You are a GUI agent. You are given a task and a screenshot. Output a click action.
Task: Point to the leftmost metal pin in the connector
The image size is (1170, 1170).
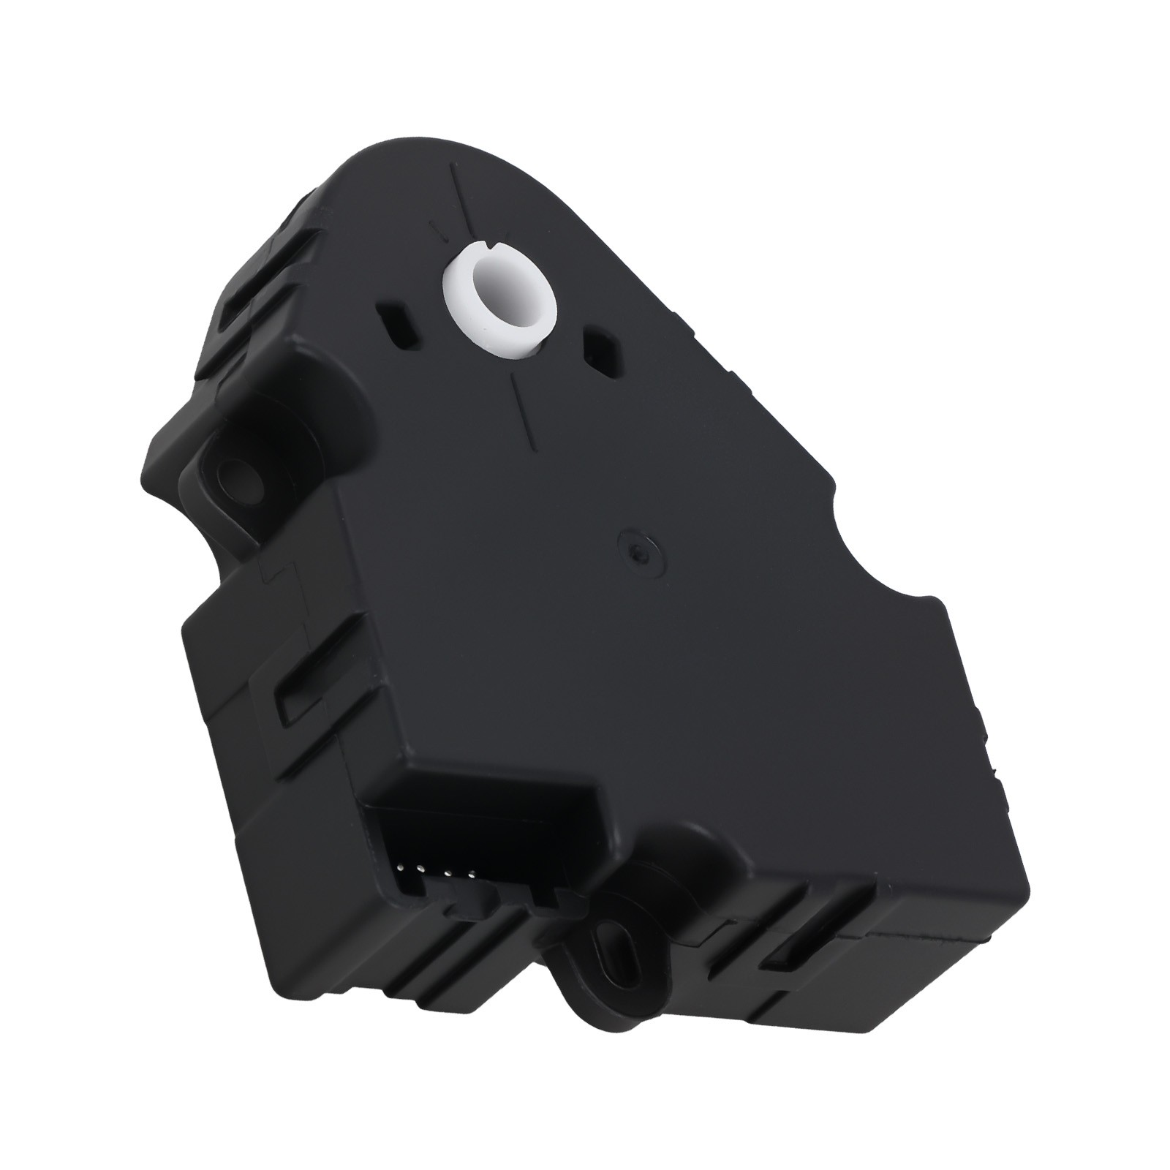[x=400, y=868]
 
